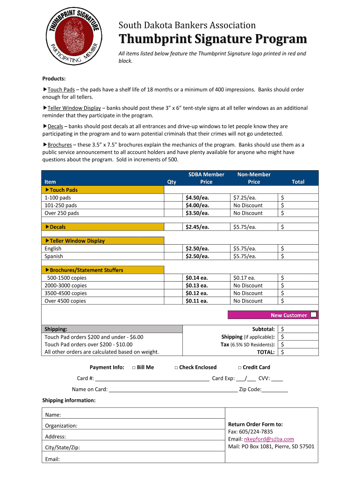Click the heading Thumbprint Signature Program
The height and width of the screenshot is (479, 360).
click(212, 39)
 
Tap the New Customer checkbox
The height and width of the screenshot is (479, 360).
click(313, 315)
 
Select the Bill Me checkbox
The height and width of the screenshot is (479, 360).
click(134, 368)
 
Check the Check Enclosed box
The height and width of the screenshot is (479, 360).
click(176, 368)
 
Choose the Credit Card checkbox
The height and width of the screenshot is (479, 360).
click(239, 368)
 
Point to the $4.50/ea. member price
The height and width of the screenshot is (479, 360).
click(197, 197)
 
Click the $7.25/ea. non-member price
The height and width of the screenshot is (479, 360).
click(245, 197)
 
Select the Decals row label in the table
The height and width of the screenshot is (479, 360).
click(58, 227)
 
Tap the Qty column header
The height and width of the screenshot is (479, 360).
click(172, 182)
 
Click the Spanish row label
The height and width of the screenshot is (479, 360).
click(54, 256)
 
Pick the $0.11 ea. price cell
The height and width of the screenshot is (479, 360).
click(196, 301)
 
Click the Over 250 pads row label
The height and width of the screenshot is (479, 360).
click(62, 213)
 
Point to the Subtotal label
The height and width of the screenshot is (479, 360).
click(263, 329)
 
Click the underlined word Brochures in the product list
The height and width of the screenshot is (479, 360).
click(59, 145)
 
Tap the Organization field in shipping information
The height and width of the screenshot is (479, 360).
click(136, 425)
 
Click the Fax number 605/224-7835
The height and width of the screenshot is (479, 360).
click(263, 431)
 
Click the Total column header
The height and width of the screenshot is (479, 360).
click(298, 182)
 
